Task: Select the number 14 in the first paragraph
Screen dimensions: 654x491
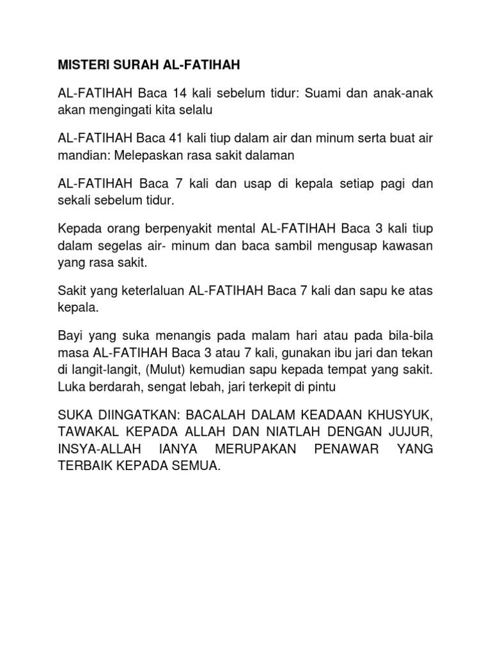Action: [x=180, y=93]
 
